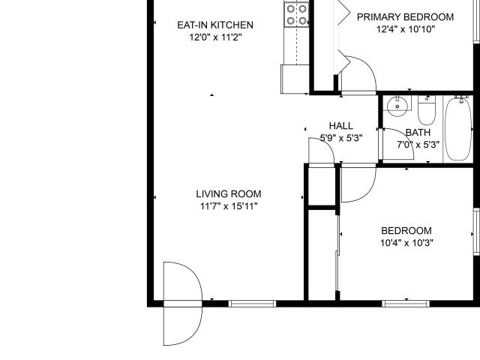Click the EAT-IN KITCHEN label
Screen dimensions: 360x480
pyautogui.click(x=209, y=25)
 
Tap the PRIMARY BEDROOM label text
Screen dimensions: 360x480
pyautogui.click(x=405, y=17)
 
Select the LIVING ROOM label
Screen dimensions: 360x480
pyautogui.click(x=229, y=193)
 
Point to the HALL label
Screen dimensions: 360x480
pyautogui.click(x=340, y=126)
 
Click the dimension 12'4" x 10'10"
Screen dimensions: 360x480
pyautogui.click(x=405, y=29)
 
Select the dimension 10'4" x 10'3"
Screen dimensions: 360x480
pyautogui.click(x=406, y=242)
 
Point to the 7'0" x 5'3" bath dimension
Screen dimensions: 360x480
pyautogui.click(x=417, y=145)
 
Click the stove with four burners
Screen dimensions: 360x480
pyautogui.click(x=296, y=14)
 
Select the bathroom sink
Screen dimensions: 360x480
pyautogui.click(x=397, y=106)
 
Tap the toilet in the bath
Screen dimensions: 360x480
pyautogui.click(x=427, y=112)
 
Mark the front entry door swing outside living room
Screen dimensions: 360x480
pyautogui.click(x=181, y=303)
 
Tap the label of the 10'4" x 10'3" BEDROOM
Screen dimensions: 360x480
pyautogui.click(x=406, y=230)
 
